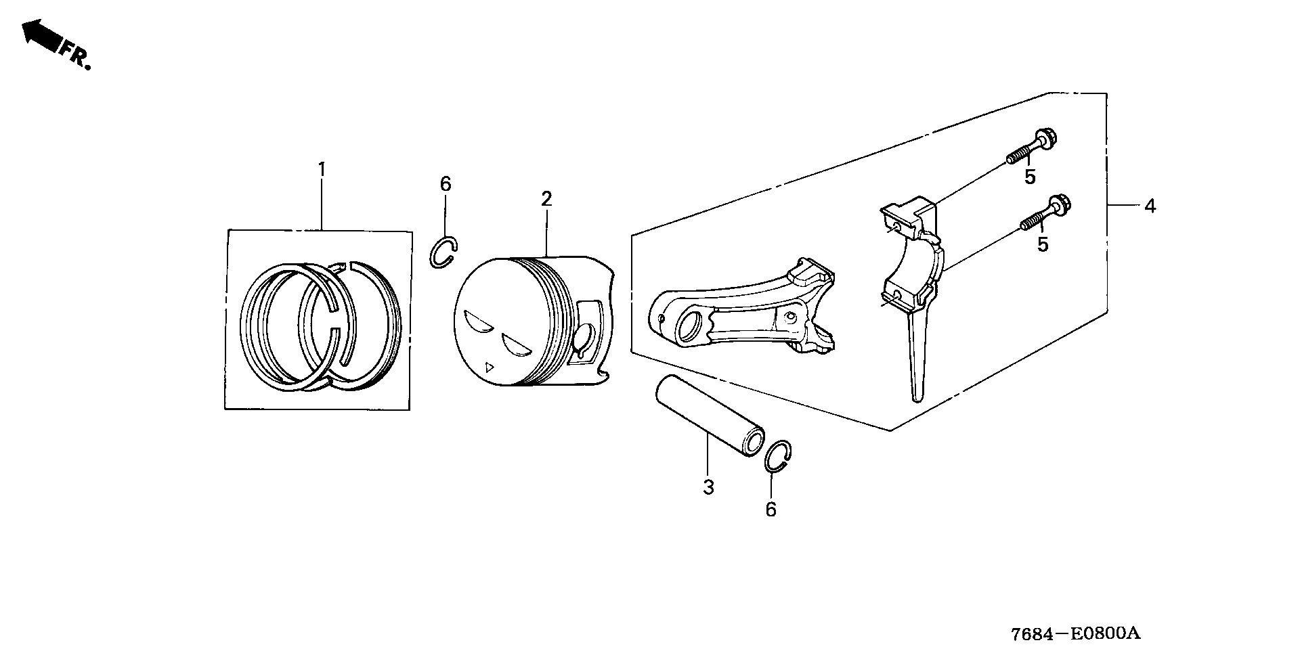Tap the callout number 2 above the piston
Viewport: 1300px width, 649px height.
546,199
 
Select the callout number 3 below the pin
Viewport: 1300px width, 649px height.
708,487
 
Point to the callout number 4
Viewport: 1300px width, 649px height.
1150,206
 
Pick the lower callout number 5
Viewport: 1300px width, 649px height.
1043,244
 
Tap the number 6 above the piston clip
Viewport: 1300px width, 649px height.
445,184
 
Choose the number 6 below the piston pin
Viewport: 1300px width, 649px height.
771,510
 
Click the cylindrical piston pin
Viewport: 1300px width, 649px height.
708,417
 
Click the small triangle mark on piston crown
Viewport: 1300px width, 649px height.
490,367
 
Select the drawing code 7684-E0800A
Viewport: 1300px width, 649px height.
1076,633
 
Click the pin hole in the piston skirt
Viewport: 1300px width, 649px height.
586,337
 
